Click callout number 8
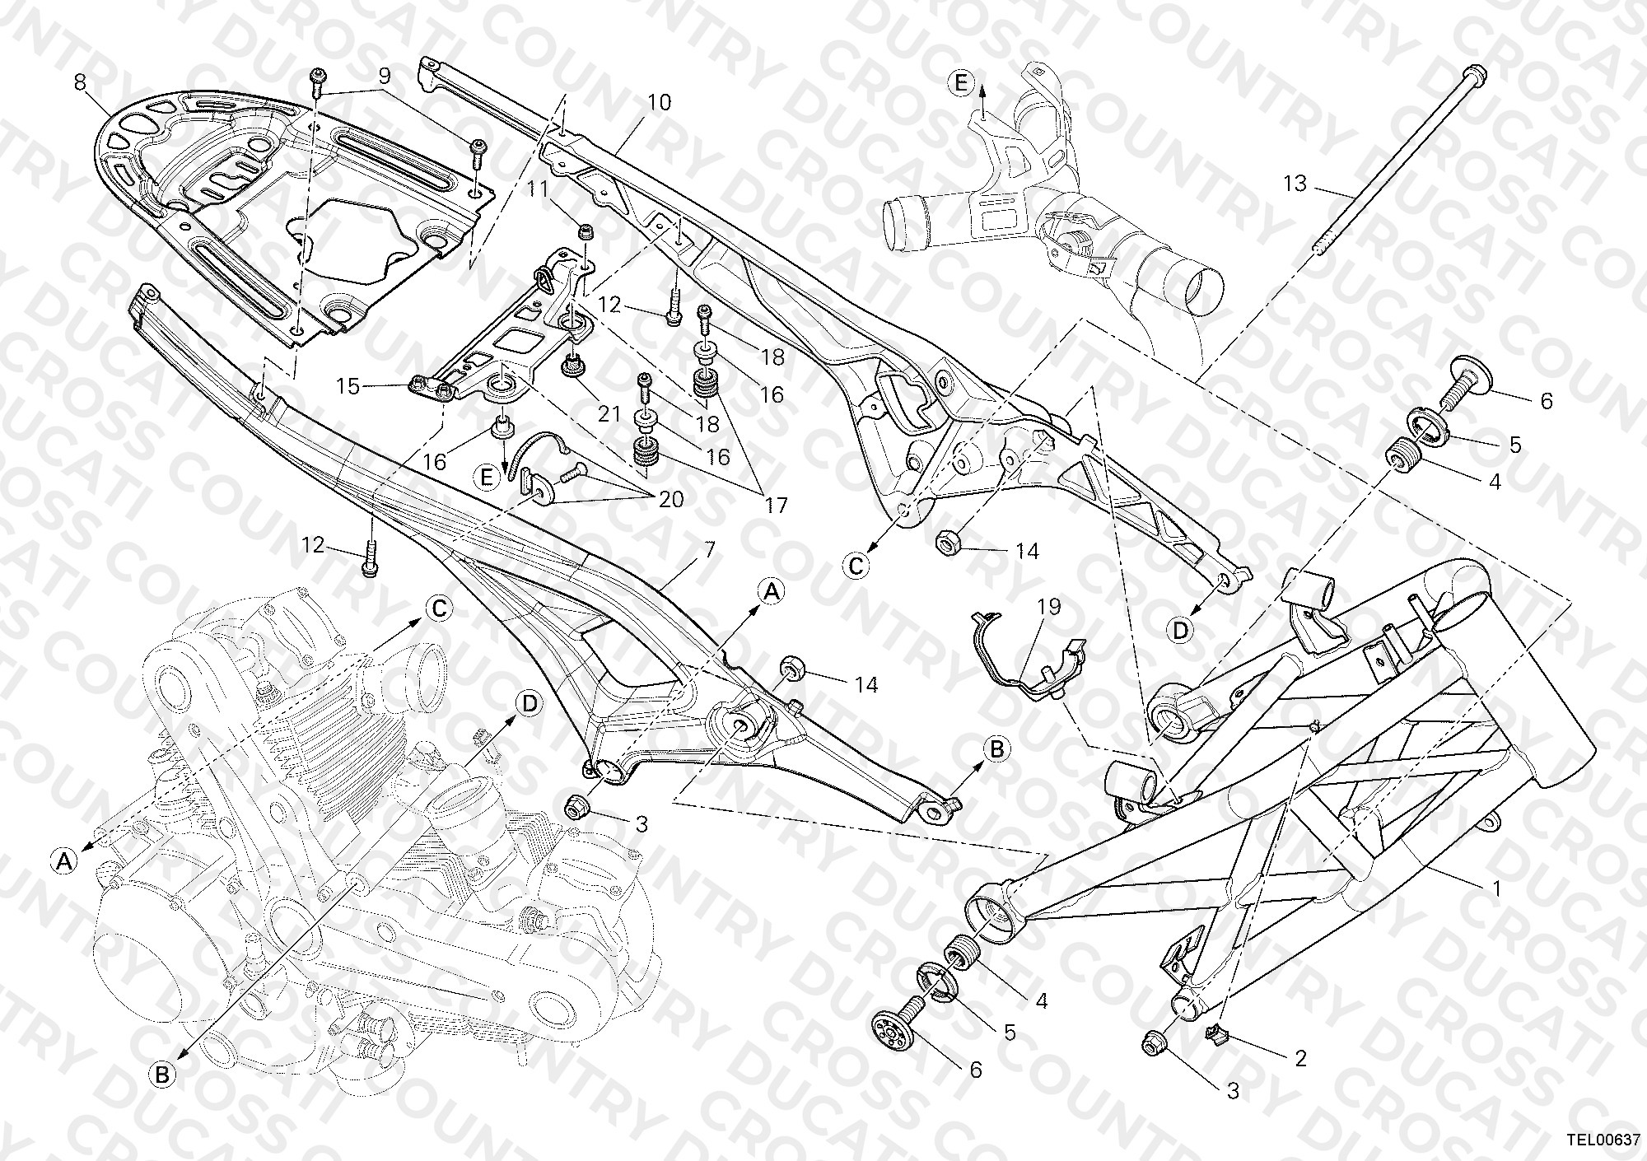click(79, 82)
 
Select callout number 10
click(660, 102)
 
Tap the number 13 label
click(1295, 183)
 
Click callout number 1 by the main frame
click(1497, 888)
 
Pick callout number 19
click(1049, 607)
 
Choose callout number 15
click(348, 385)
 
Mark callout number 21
click(609, 413)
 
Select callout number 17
click(776, 504)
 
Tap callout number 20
click(671, 499)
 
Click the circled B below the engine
click(162, 1074)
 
